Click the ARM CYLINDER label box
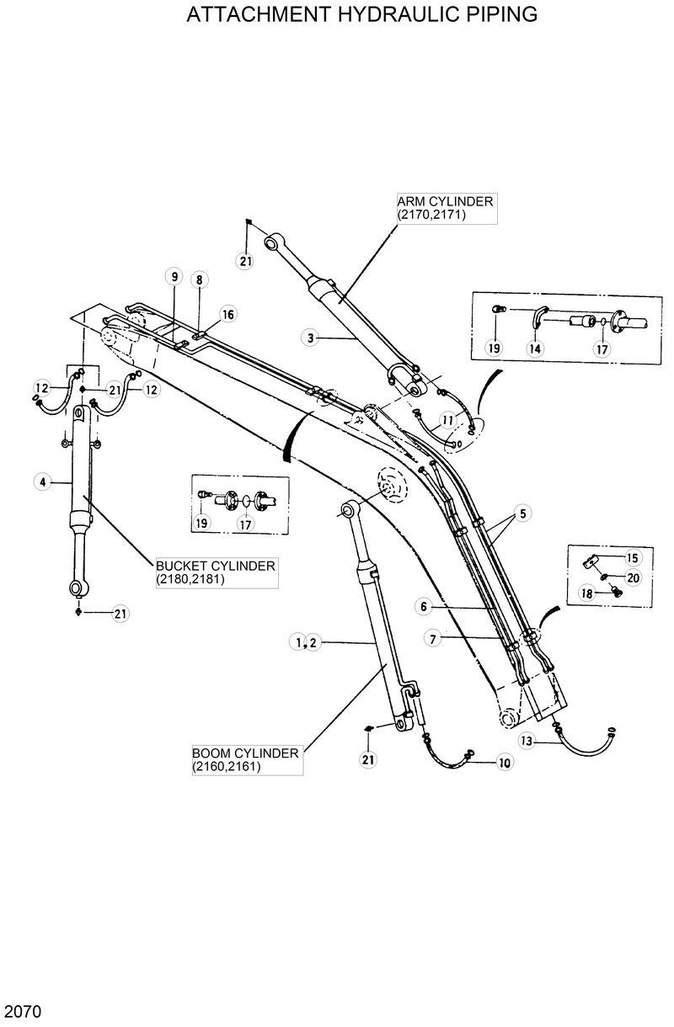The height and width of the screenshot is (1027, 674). (x=446, y=208)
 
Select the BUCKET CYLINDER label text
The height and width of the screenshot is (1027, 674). (x=216, y=572)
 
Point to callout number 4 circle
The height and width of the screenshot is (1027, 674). (x=40, y=482)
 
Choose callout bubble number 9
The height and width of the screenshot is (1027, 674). (x=173, y=277)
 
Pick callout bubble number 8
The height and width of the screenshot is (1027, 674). (x=199, y=279)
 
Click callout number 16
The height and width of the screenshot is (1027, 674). (x=227, y=314)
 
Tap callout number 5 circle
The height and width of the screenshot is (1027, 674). (x=522, y=513)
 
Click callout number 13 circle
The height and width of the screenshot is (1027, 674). (x=527, y=742)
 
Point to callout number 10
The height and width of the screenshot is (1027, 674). (x=505, y=764)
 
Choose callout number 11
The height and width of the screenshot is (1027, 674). (x=447, y=418)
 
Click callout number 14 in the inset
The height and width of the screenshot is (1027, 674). (x=535, y=348)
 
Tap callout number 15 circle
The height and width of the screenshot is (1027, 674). (x=633, y=557)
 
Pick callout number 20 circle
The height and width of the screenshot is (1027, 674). (x=634, y=577)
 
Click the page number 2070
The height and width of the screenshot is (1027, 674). (x=22, y=1010)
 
